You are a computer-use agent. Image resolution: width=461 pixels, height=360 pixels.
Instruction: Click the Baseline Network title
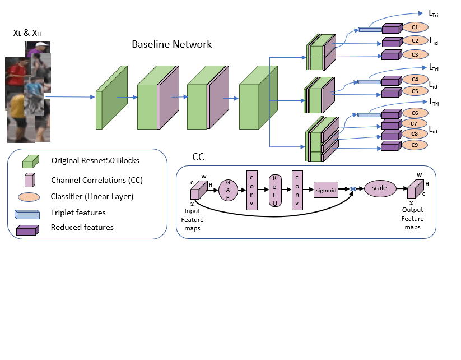coord(171,44)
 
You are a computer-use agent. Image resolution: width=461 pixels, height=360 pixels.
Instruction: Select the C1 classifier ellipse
coord(415,27)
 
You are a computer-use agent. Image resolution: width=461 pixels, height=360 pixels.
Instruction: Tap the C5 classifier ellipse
coord(415,91)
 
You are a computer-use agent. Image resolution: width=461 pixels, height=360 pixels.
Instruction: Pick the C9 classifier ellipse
coord(415,145)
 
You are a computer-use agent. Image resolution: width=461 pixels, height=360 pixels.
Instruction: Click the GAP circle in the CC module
coord(229,190)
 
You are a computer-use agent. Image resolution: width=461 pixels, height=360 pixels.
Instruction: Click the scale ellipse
coord(380,188)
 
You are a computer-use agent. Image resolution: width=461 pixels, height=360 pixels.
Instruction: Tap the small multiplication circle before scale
coord(353,190)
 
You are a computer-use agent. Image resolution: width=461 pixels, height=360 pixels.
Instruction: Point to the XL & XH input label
coord(27,34)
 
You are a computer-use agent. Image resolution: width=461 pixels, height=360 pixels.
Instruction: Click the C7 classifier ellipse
coord(415,123)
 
